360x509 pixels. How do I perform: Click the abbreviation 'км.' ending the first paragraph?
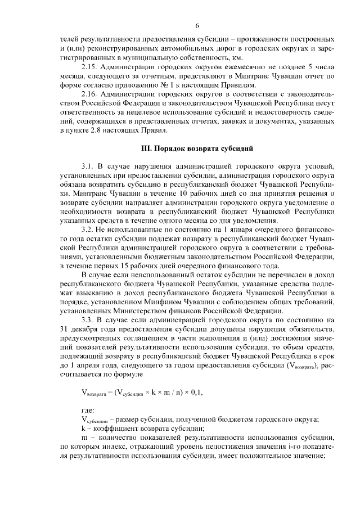pos(237,57)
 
